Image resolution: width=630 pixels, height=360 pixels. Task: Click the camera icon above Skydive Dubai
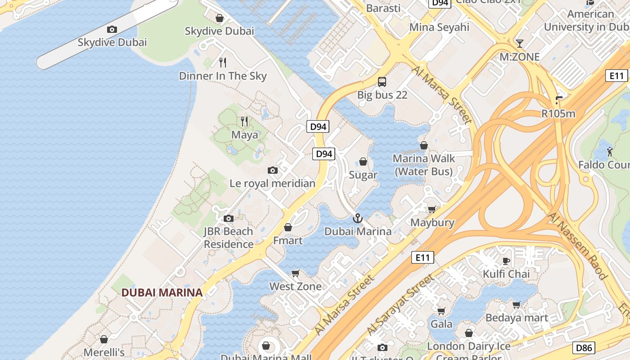tap(112, 30)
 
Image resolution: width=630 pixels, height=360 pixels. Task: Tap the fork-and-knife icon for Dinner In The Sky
tap(223, 63)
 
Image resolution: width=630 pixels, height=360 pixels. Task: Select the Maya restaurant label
tap(245, 135)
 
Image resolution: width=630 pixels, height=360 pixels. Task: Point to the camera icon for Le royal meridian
tap(272, 170)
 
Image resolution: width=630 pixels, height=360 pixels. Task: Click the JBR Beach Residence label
tap(229, 238)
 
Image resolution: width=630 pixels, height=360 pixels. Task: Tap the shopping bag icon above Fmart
tap(288, 228)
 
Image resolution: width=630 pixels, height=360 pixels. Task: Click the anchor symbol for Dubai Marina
tap(358, 219)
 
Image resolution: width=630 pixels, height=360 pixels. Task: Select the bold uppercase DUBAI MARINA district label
tap(162, 292)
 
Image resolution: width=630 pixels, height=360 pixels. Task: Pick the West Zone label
tap(296, 286)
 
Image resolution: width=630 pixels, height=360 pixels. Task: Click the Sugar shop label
tap(363, 175)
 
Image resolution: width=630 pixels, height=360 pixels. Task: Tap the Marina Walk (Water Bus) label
tap(423, 165)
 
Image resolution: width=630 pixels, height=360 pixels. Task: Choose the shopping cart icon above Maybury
tap(432, 209)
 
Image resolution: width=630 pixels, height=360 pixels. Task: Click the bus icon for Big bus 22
tap(382, 82)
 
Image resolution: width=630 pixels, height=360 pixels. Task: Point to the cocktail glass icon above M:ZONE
tap(520, 44)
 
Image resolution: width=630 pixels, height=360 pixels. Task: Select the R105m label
tap(558, 113)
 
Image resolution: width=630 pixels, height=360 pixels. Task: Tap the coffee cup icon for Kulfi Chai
tap(506, 261)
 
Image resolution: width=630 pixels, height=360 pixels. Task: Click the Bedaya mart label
tap(517, 318)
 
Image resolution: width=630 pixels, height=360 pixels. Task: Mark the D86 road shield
tap(584, 347)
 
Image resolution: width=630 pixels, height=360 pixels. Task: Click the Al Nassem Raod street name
tap(578, 246)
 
